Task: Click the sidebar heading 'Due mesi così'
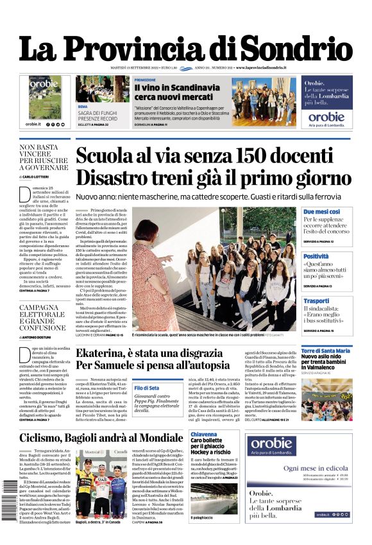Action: click(321, 212)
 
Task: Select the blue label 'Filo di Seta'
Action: click(147, 388)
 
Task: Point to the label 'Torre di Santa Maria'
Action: click(326, 350)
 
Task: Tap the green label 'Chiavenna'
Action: click(204, 435)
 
